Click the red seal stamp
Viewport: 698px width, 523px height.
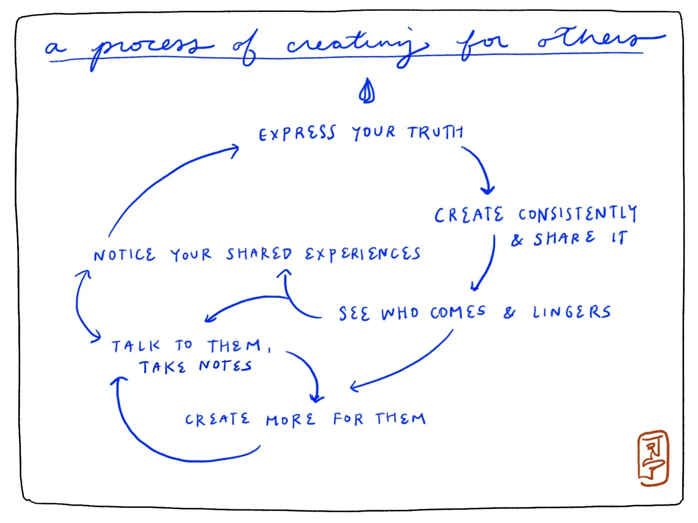tap(653, 458)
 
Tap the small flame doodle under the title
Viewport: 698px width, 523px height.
tap(366, 91)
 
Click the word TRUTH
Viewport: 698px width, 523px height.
tap(435, 132)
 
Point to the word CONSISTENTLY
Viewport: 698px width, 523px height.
tap(577, 214)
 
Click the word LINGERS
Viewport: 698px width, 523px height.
tap(572, 312)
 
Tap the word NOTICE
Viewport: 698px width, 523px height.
tap(124, 255)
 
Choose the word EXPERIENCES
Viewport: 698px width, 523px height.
tap(362, 254)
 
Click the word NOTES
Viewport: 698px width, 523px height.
tap(225, 366)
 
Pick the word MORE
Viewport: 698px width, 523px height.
tap(290, 420)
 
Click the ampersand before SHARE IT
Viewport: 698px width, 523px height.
tap(517, 240)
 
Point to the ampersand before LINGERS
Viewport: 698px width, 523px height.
tap(510, 313)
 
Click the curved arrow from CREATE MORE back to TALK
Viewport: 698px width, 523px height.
tap(155, 442)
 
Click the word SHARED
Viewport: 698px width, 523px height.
tap(259, 254)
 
